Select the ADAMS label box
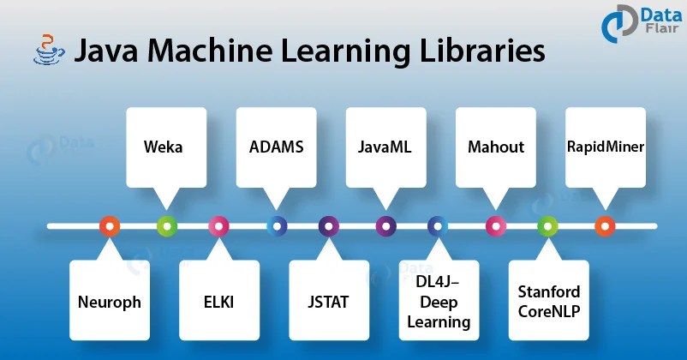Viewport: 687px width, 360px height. pos(276,147)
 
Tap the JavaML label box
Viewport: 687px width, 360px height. pos(385,147)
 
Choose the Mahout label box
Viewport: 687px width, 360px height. pos(495,147)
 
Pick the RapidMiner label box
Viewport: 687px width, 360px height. pos(605,147)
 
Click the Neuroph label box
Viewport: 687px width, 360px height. pos(109,302)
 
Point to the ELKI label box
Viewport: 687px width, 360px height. pos(218,302)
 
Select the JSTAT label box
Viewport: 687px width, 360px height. pos(328,302)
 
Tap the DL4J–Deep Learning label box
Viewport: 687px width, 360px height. pos(439,302)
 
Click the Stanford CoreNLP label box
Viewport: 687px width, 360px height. pos(548,302)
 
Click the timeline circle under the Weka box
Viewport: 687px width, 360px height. pos(167,226)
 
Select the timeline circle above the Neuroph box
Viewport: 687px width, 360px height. pos(109,226)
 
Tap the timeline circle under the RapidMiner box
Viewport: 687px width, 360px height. pos(605,226)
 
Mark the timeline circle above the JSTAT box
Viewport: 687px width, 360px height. pos(328,226)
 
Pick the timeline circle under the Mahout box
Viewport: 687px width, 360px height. pos(495,226)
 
